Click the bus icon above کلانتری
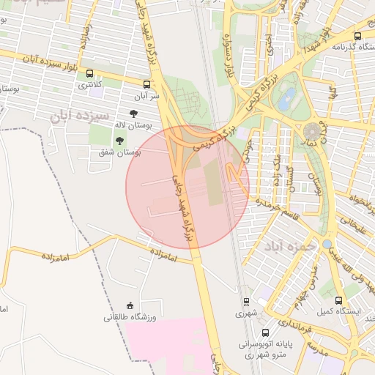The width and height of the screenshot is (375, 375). point(89,74)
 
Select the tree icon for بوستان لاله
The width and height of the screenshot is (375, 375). point(133,114)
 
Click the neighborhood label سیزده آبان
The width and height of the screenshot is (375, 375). point(81,116)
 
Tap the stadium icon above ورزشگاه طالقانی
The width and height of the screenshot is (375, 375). point(130,305)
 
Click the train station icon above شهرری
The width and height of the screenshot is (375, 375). point(247,301)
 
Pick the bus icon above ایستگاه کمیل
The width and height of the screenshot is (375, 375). point(338,300)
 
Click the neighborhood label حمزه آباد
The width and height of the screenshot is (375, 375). point(291,247)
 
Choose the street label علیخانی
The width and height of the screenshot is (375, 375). point(351,228)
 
